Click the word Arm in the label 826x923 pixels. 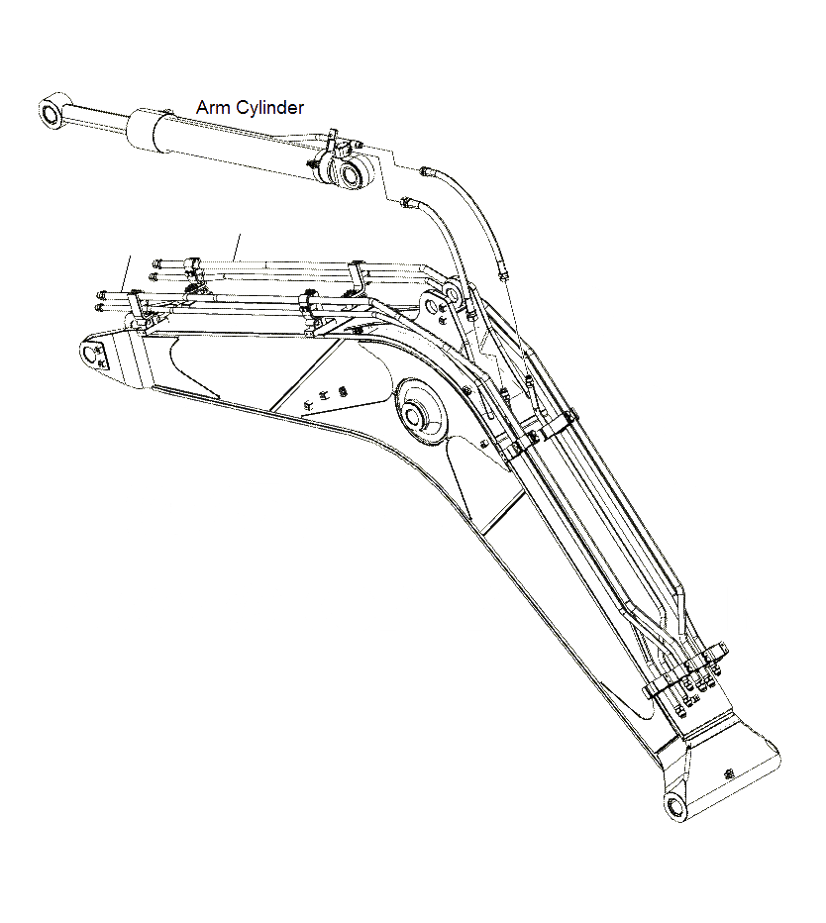213,107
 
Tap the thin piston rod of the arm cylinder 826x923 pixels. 97,122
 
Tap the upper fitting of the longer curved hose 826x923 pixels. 426,172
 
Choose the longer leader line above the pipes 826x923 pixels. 237,247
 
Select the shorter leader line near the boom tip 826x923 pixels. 128,272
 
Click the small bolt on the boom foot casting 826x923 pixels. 728,771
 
